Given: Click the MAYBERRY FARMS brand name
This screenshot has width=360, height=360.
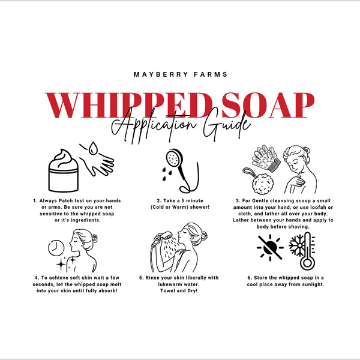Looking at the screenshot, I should [x=179, y=76].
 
